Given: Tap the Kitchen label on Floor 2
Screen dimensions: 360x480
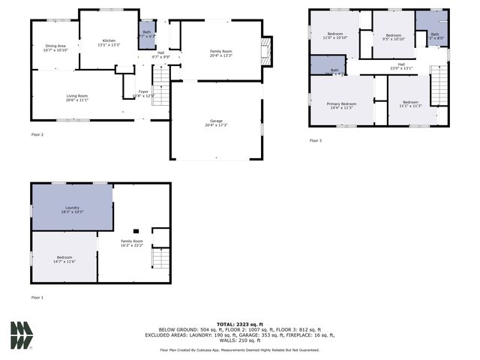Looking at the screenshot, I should coord(109,41).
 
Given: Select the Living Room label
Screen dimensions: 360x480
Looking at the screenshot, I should coord(77,97).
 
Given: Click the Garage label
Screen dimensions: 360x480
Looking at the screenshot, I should coord(216,123).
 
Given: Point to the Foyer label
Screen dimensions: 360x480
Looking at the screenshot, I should coord(143,94).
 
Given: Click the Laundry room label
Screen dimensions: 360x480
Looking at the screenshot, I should coord(72,210).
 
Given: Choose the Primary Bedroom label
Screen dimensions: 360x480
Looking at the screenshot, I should coord(340,105).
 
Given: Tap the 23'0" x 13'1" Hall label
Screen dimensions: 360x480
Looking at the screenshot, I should coord(401,67).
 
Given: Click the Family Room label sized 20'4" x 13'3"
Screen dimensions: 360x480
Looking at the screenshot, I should coord(220,53).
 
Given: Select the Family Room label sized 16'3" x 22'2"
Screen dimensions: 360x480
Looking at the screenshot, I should coord(132,243).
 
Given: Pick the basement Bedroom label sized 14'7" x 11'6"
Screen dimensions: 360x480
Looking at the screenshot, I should coord(64,259).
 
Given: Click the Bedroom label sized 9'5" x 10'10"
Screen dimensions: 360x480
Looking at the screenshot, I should coord(394,37).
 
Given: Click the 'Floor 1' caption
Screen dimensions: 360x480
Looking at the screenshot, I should coord(37,298).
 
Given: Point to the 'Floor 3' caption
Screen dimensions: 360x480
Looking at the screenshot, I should coord(316,140).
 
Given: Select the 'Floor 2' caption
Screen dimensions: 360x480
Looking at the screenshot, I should coord(37,134).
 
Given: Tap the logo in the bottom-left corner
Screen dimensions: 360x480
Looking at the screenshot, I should coord(21,334).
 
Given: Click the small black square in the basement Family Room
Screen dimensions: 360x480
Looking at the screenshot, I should coord(136,231).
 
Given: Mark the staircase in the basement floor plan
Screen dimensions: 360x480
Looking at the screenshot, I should coord(161,259).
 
